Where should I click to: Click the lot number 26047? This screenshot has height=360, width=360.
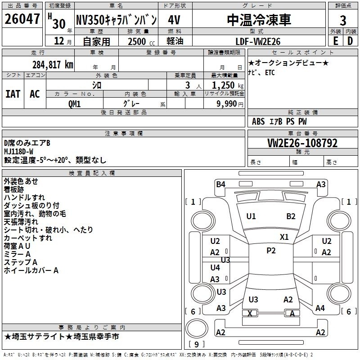pyautogui.click(x=22, y=19)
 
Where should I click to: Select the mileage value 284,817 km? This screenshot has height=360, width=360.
pyautogui.click(x=53, y=65)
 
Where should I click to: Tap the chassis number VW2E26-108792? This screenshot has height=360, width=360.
pyautogui.click(x=302, y=143)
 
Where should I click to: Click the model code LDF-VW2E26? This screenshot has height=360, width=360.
pyautogui.click(x=258, y=41)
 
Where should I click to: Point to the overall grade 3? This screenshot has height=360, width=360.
pyautogui.click(x=343, y=21)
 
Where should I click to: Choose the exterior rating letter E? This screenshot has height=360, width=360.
pyautogui.click(x=335, y=41)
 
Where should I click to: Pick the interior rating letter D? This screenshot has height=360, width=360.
pyautogui.click(x=350, y=41)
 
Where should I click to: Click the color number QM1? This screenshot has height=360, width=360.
pyautogui.click(x=74, y=104)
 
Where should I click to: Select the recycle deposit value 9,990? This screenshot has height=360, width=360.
pyautogui.click(x=226, y=104)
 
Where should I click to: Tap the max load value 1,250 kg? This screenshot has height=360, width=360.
pyautogui.click(x=228, y=85)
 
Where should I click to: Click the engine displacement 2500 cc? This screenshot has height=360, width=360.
pyautogui.click(x=141, y=41)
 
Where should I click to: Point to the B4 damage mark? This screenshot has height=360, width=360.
pyautogui.click(x=220, y=184)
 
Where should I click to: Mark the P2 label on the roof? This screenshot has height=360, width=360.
pyautogui.click(x=271, y=251)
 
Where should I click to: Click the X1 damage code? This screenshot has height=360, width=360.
pyautogui.click(x=284, y=237)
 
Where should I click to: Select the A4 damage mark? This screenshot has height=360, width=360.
pyautogui.click(x=320, y=308)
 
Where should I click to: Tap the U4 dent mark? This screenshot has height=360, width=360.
pyautogui.click(x=215, y=267)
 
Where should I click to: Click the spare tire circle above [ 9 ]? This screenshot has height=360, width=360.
pyautogui.click(x=197, y=328)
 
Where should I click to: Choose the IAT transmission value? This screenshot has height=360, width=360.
pyautogui.click(x=13, y=94)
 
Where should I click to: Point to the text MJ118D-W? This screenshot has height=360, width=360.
pyautogui.click(x=18, y=152)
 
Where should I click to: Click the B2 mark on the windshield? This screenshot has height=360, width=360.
pyautogui.click(x=291, y=216)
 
